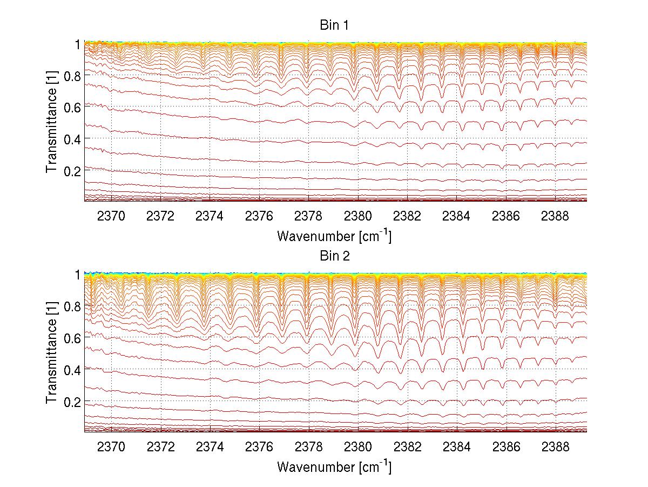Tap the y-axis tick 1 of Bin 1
[x=78, y=44]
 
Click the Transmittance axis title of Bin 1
[x=51, y=122]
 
